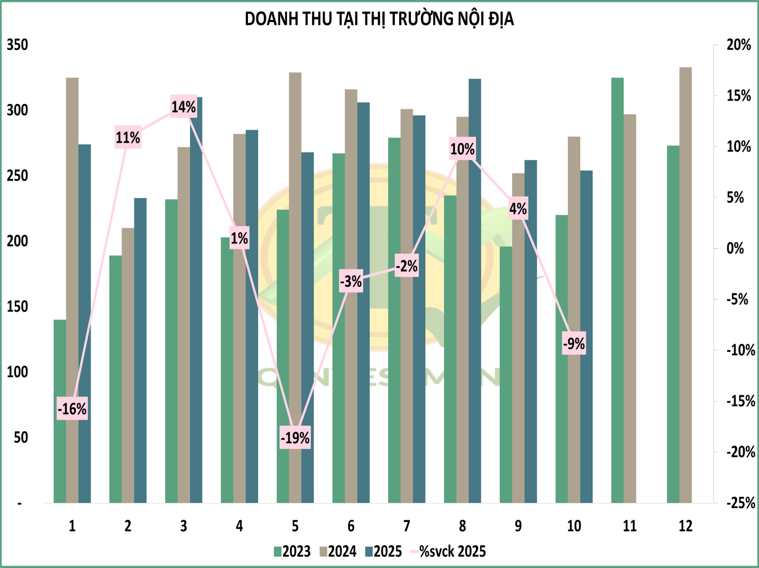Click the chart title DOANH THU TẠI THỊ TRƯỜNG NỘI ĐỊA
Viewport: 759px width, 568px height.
click(379, 19)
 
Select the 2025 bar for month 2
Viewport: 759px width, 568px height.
click(140, 350)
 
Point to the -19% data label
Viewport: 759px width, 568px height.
click(295, 438)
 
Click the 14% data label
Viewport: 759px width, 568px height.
click(183, 107)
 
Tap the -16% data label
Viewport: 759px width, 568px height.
click(72, 409)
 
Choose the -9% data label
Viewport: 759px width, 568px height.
click(574, 344)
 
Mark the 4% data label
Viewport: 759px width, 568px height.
click(518, 209)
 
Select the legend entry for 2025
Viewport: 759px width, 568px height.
click(384, 551)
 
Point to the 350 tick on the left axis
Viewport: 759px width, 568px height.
click(17, 45)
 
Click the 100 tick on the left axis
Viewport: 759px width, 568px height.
click(17, 373)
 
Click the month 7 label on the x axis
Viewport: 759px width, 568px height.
click(406, 526)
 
